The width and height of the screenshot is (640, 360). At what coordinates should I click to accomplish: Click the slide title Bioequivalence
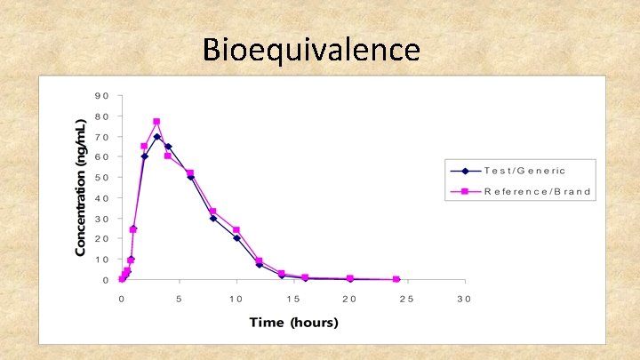[311, 49]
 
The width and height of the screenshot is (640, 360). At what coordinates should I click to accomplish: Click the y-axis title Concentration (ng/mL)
[81, 187]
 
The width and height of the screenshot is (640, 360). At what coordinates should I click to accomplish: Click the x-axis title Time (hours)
[293, 322]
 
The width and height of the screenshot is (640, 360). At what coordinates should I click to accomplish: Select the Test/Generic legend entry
[524, 170]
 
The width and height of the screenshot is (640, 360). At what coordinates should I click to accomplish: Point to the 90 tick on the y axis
[102, 96]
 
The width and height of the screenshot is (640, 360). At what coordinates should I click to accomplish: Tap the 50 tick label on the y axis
[102, 178]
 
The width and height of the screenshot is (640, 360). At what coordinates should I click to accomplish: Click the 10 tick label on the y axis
[102, 260]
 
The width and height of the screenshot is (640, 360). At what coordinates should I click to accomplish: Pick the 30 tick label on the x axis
[464, 299]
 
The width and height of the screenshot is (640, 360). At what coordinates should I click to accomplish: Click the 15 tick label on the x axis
[292, 299]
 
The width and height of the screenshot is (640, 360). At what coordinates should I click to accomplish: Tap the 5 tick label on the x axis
[179, 299]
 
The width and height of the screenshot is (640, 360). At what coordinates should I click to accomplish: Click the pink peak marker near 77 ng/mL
[156, 122]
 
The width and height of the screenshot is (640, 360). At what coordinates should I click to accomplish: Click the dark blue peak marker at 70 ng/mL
[156, 137]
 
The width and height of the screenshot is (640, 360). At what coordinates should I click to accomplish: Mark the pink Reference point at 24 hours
[396, 279]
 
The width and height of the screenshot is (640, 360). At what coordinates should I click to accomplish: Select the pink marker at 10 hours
[236, 230]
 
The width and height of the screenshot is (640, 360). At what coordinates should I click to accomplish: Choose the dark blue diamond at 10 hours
[236, 238]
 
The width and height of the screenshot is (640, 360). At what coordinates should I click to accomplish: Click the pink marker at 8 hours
[213, 212]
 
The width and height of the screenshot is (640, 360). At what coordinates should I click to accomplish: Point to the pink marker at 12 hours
[259, 261]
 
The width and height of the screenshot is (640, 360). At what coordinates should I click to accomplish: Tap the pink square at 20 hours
[350, 278]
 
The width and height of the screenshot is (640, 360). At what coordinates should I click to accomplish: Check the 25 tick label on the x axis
[407, 299]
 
